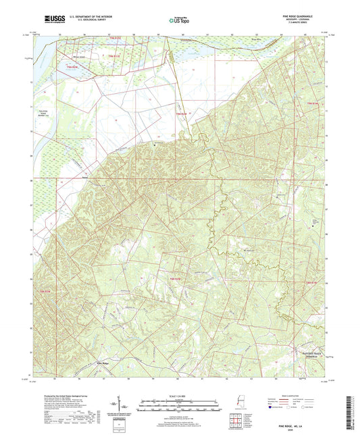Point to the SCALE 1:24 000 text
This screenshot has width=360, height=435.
[180, 394]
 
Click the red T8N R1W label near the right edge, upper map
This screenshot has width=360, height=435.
[312, 103]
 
